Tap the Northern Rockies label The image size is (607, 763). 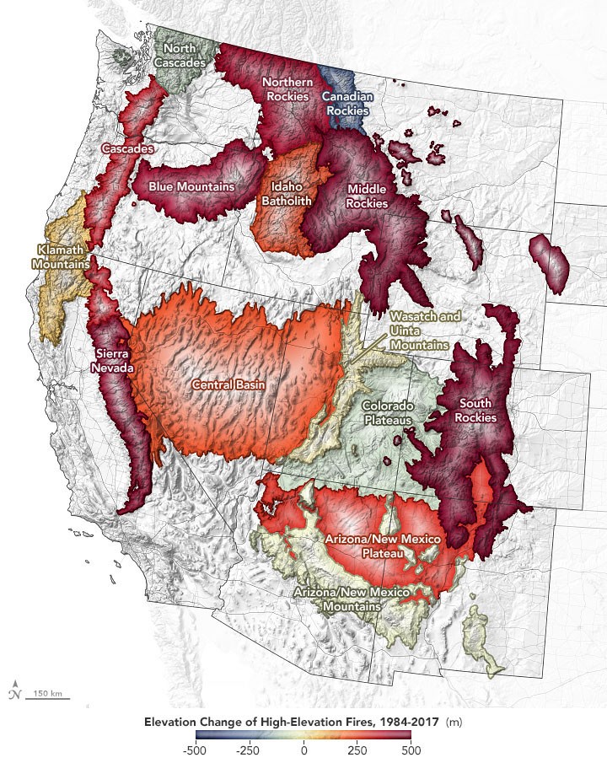pos(288,89)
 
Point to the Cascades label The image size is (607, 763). pos(127,148)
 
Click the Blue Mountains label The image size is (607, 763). pos(191,185)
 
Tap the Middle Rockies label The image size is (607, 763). pos(368,196)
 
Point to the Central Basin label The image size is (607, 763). pos(228,385)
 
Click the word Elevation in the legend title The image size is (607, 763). pos(173,723)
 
